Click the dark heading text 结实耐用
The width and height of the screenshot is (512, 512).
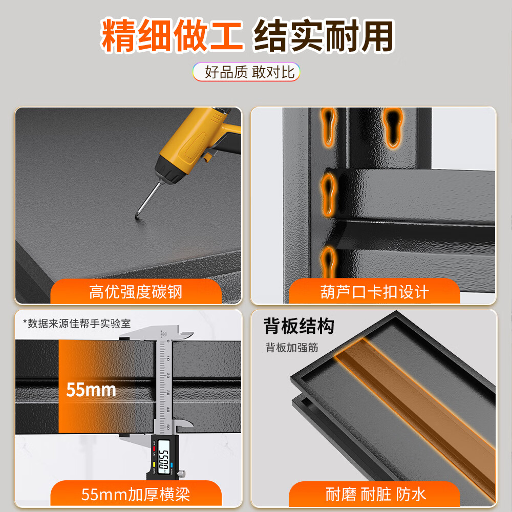(324, 36)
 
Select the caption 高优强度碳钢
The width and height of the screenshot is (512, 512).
(136, 292)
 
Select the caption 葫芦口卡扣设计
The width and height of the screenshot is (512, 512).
(374, 292)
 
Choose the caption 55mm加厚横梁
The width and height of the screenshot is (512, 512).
(136, 495)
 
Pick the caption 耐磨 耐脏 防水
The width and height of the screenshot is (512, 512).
(375, 495)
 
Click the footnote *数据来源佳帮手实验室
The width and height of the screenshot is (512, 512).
(76, 324)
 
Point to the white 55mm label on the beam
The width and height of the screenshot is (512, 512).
(91, 390)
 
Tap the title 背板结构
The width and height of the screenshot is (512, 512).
(299, 326)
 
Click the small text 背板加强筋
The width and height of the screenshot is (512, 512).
(292, 348)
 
